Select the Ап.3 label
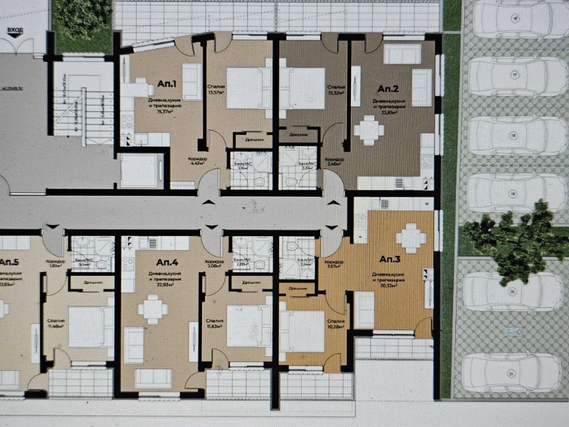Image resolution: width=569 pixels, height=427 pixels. (390, 259)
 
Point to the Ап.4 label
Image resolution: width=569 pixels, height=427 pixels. (166, 262)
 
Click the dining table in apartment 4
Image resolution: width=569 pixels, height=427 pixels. (152, 309)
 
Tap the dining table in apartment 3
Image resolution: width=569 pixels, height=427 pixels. (410, 237)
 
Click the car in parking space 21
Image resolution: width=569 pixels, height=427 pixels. (512, 373)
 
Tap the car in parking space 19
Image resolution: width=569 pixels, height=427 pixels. (518, 193)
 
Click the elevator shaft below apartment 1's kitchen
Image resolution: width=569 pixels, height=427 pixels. (139, 170)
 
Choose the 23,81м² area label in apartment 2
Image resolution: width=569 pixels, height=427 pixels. (386, 112)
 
